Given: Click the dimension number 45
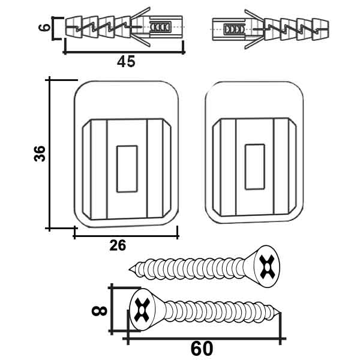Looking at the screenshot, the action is point(126,62).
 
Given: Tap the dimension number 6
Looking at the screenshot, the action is point(44,28).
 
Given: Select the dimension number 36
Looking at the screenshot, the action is point(40,154).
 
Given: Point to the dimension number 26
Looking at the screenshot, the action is point(118,245).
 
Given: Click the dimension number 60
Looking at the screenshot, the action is point(202,349).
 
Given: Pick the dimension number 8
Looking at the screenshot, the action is point(100,311).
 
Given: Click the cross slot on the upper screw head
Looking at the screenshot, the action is point(267,266).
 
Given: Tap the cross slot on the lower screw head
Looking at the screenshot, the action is point(142,310).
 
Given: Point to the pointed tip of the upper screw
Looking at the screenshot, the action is point(130,269).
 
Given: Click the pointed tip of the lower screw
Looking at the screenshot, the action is point(280,313).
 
